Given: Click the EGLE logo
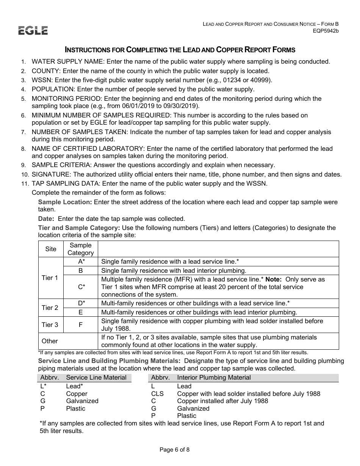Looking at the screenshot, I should (x=33, y=31).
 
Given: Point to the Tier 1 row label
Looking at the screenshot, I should (x=50, y=278).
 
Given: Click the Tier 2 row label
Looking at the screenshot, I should (x=50, y=308).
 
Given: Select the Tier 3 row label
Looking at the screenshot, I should (x=50, y=325).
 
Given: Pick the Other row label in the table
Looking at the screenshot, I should (x=50, y=341).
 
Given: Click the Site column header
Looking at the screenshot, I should (x=50, y=249).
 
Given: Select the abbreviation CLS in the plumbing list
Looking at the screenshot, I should (x=157, y=394).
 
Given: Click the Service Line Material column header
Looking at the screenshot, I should (x=96, y=378).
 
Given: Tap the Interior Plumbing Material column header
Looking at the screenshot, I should (x=214, y=378).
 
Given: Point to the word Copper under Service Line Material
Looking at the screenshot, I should (x=77, y=394).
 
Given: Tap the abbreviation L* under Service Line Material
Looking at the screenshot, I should (x=43, y=386).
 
